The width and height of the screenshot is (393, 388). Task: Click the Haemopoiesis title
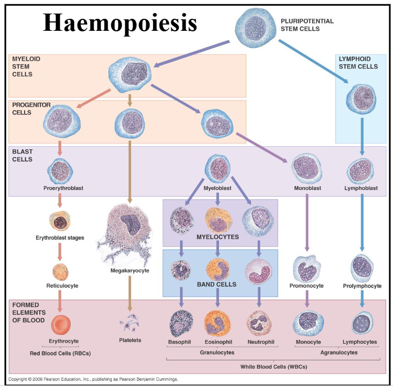click(120, 22)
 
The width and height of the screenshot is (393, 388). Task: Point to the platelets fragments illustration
click(130, 324)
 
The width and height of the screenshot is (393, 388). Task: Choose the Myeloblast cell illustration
click(217, 169)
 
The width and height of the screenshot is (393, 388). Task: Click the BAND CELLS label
click(217, 285)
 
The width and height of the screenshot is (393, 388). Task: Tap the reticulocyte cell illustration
click(60, 272)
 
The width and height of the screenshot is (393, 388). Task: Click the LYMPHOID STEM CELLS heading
click(359, 63)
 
